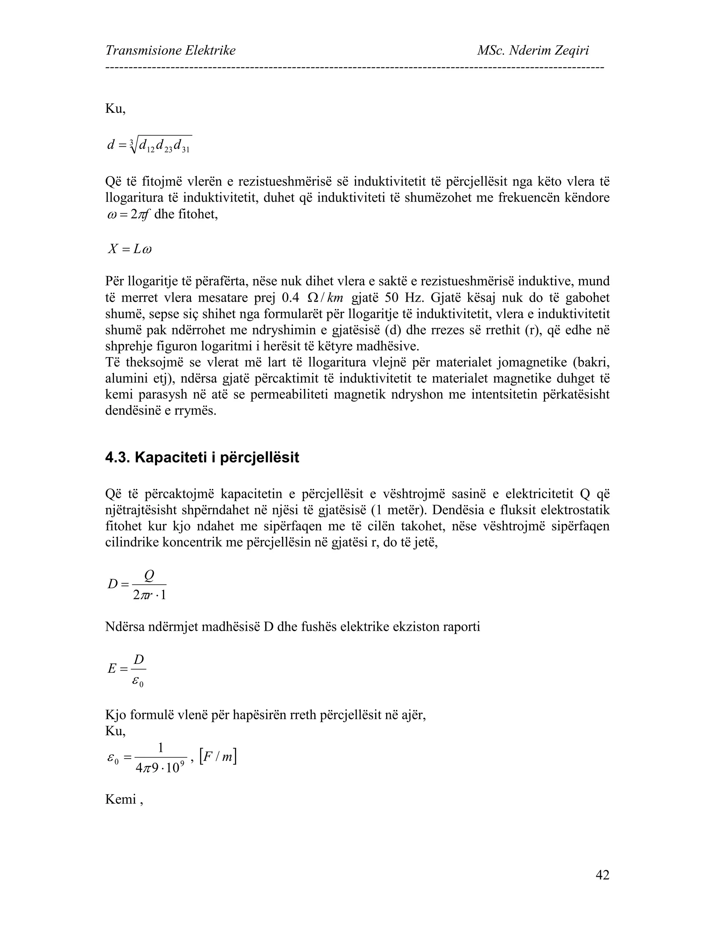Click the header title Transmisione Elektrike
[x=170, y=51]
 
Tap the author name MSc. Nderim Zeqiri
[x=532, y=51]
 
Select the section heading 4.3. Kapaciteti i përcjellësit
[x=202, y=457]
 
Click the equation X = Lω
[x=130, y=249]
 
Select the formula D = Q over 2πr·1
[x=137, y=584]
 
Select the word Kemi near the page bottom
[x=120, y=799]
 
